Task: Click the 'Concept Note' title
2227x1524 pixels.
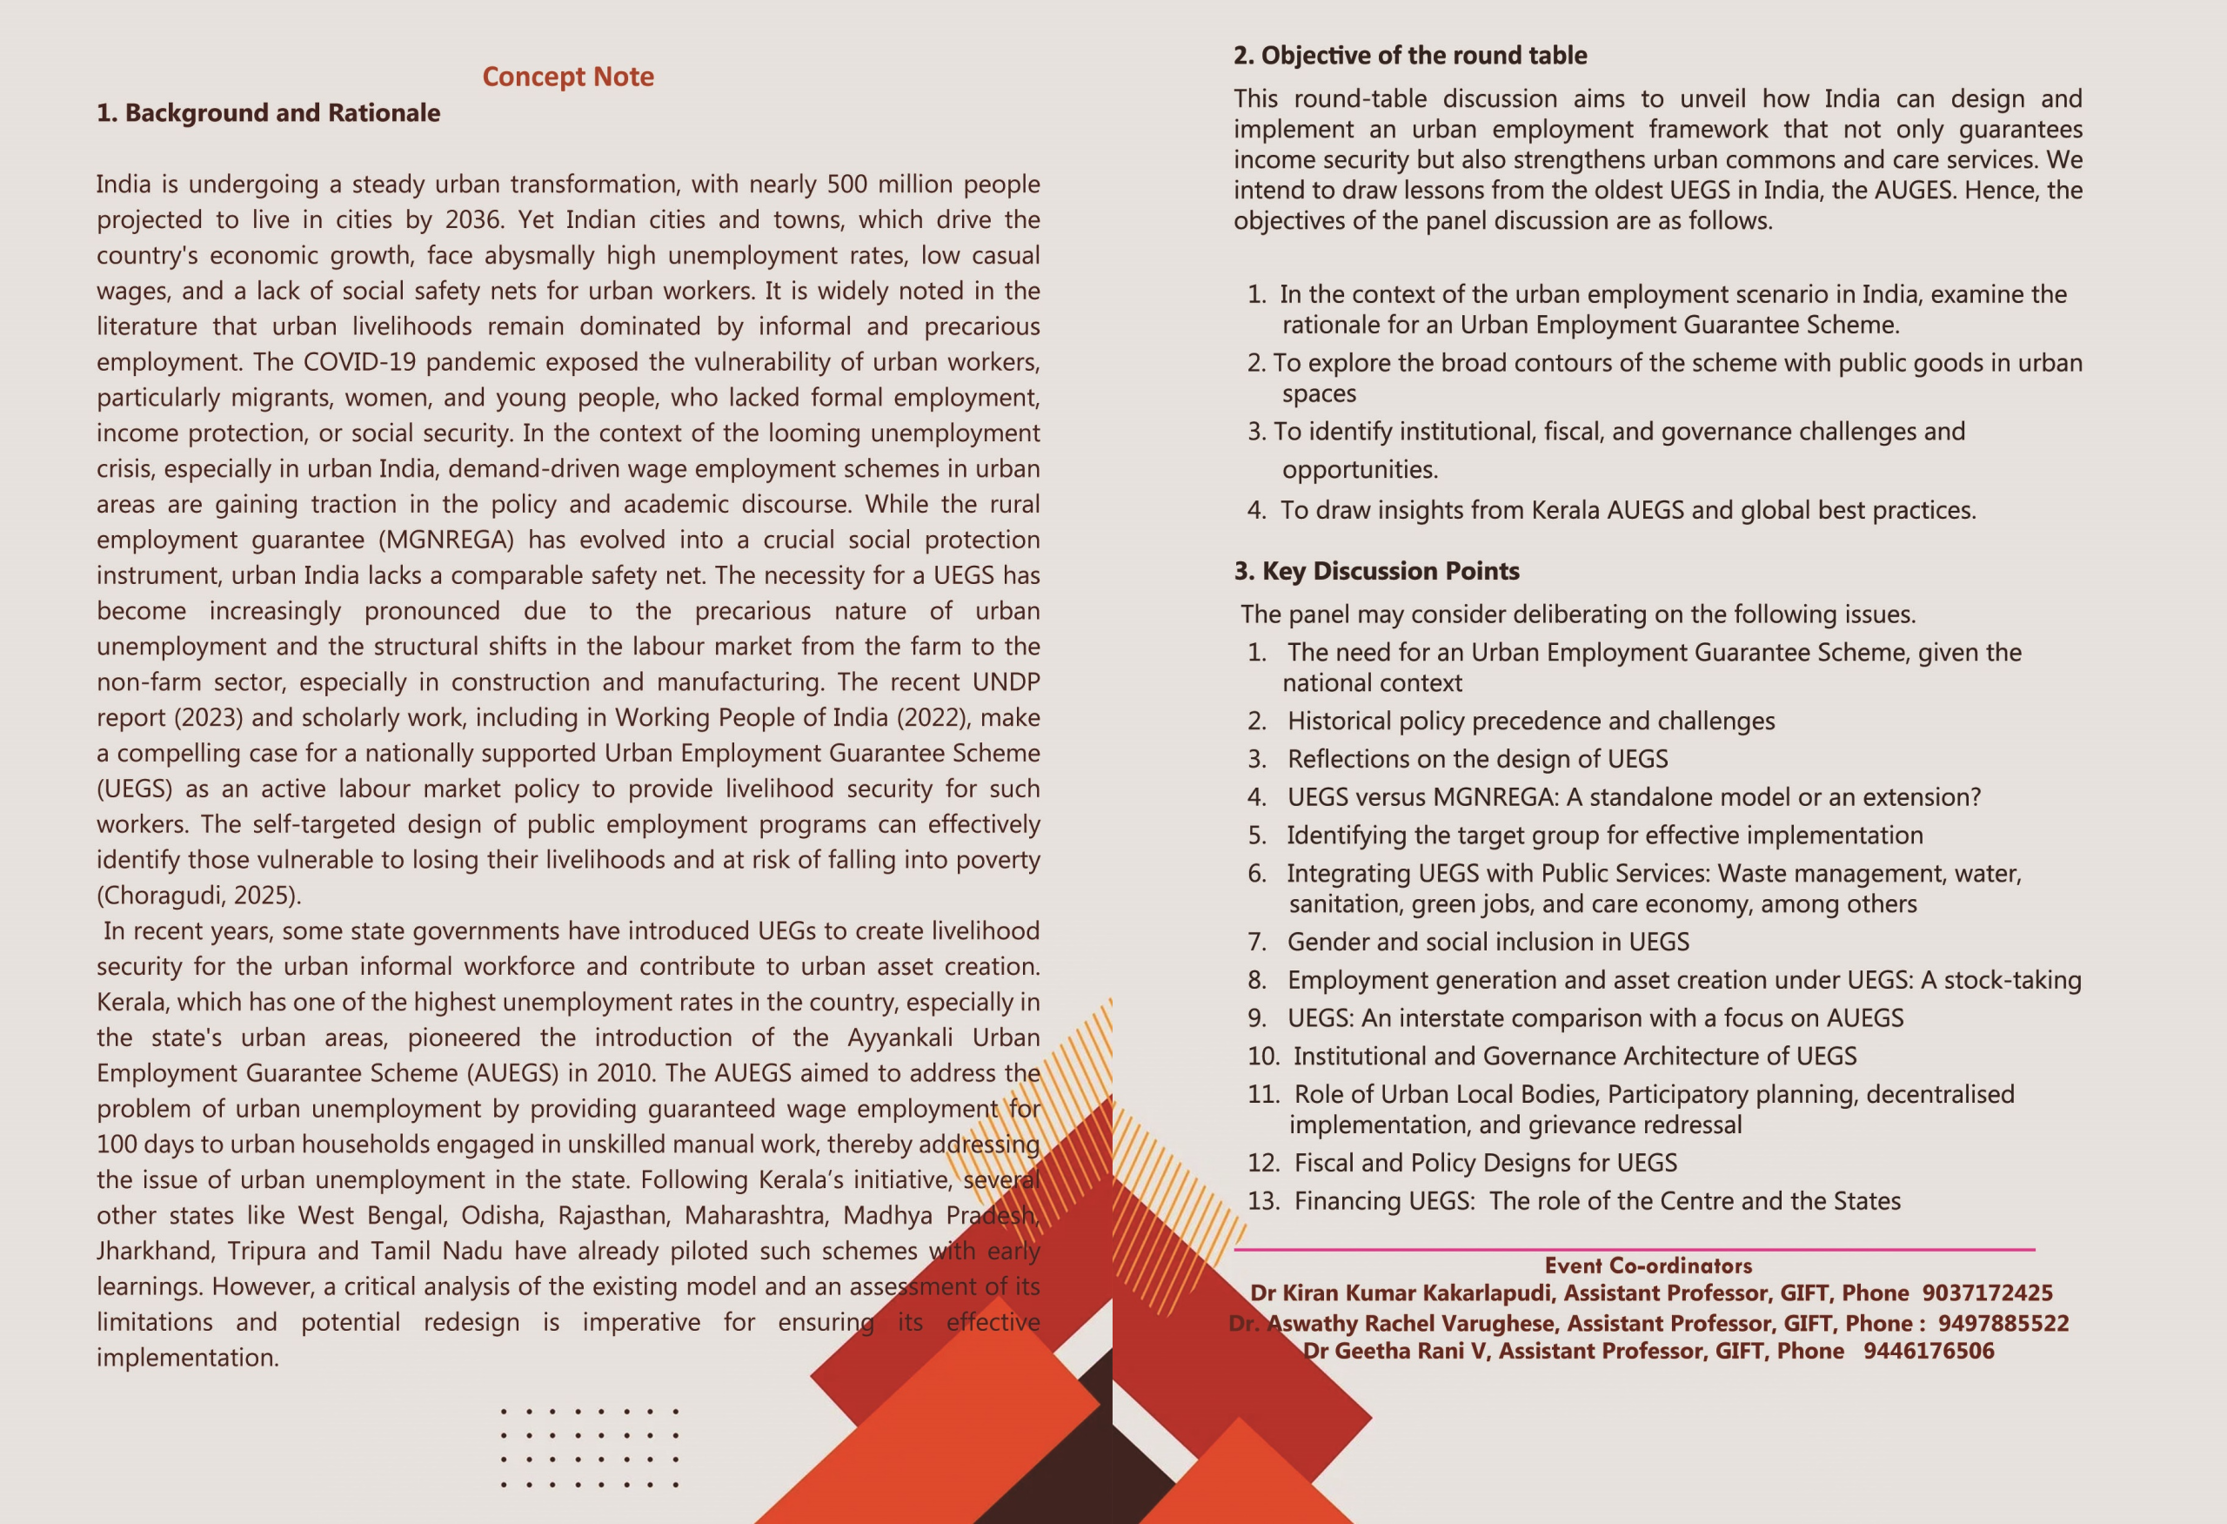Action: point(567,77)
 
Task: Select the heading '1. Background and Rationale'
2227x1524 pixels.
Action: point(268,113)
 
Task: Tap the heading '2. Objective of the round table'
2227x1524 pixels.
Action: point(1409,56)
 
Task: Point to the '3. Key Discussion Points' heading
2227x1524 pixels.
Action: point(1376,571)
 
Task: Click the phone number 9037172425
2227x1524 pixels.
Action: point(1987,1293)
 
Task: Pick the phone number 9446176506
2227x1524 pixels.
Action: point(1928,1352)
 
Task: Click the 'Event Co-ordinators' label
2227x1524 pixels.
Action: point(1648,1266)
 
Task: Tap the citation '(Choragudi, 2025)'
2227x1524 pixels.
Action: point(198,896)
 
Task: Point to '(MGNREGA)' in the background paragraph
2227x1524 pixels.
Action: point(445,540)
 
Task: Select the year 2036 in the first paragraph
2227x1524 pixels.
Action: point(472,219)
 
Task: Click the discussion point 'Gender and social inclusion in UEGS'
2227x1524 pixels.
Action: point(1488,943)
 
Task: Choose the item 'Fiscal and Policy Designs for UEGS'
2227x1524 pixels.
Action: point(1485,1163)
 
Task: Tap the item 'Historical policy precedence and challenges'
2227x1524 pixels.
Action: point(1530,721)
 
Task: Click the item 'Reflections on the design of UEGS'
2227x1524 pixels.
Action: point(1476,759)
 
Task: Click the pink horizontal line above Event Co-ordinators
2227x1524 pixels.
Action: point(1634,1250)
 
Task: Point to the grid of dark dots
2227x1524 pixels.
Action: point(589,1447)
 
